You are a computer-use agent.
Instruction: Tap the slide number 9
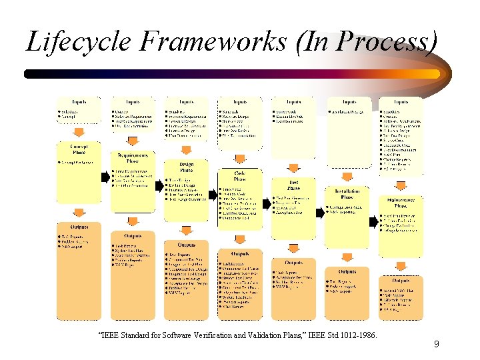click(436, 345)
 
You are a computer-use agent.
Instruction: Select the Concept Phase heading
click(79, 149)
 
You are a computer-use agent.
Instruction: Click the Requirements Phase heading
click(133, 158)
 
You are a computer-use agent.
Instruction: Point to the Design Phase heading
click(186, 167)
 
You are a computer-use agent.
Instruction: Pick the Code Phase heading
click(239, 176)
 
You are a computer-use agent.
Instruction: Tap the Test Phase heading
click(293, 185)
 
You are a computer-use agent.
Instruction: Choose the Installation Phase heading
click(347, 194)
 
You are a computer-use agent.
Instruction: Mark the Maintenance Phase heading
click(401, 202)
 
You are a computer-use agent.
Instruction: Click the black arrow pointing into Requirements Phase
click(105, 177)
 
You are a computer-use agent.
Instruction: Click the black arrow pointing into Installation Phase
click(319, 203)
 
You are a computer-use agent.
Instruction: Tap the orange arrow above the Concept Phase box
click(79, 133)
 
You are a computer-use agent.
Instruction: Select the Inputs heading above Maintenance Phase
click(401, 102)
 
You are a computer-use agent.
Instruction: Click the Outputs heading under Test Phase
click(293, 262)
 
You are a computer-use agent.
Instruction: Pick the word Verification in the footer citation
click(200, 334)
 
